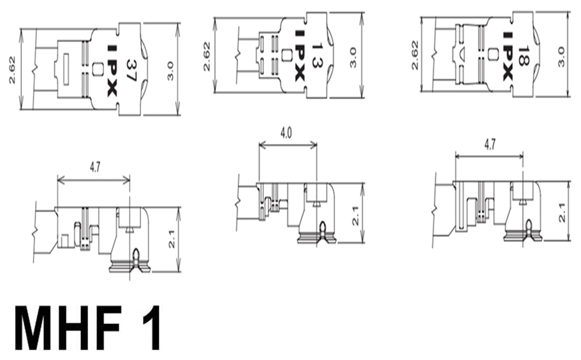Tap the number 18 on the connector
pos(523,56)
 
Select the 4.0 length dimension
pos(286,132)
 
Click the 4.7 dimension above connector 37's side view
pos(95,168)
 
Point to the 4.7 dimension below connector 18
pos(490,144)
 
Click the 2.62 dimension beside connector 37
pos(12,70)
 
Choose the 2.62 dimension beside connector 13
pos(207,56)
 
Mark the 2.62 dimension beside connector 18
pos(415,55)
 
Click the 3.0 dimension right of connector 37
pos(170,71)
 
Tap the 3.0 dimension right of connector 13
pos(353,57)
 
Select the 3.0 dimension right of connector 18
pos(561,56)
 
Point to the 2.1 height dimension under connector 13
pos(355,216)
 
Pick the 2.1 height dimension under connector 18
pos(562,212)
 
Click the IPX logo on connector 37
pos(112,71)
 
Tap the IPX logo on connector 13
pos(299,56)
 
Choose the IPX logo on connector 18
pos(507,56)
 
